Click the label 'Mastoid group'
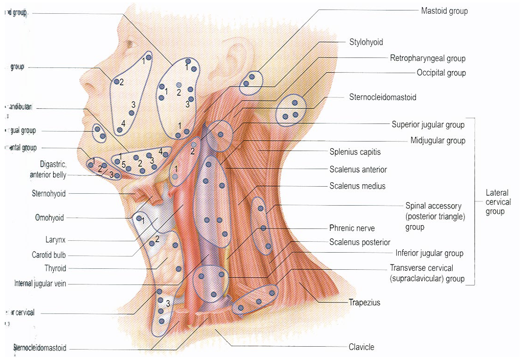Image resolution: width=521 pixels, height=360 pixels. click(444, 10)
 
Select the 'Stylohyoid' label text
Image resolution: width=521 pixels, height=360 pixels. click(366, 42)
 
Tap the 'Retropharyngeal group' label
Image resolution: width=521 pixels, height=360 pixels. click(428, 58)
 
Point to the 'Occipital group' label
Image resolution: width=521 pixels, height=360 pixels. click(441, 73)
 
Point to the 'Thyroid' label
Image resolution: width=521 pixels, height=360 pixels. click(55, 268)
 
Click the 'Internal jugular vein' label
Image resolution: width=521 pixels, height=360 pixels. click(40, 284)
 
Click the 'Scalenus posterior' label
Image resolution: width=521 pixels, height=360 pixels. click(360, 242)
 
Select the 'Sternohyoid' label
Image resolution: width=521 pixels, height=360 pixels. click(48, 193)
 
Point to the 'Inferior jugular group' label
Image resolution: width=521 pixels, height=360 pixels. click(429, 253)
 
